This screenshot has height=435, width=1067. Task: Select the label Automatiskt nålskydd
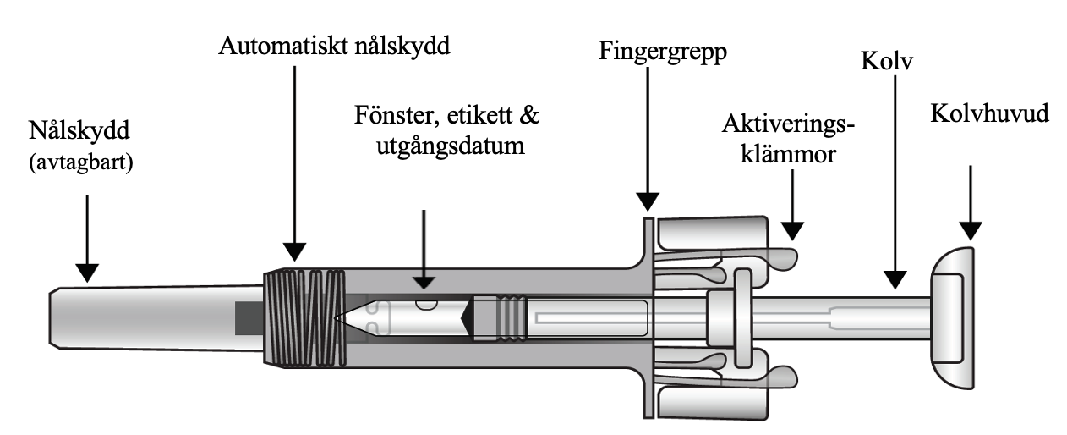coord(335,44)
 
